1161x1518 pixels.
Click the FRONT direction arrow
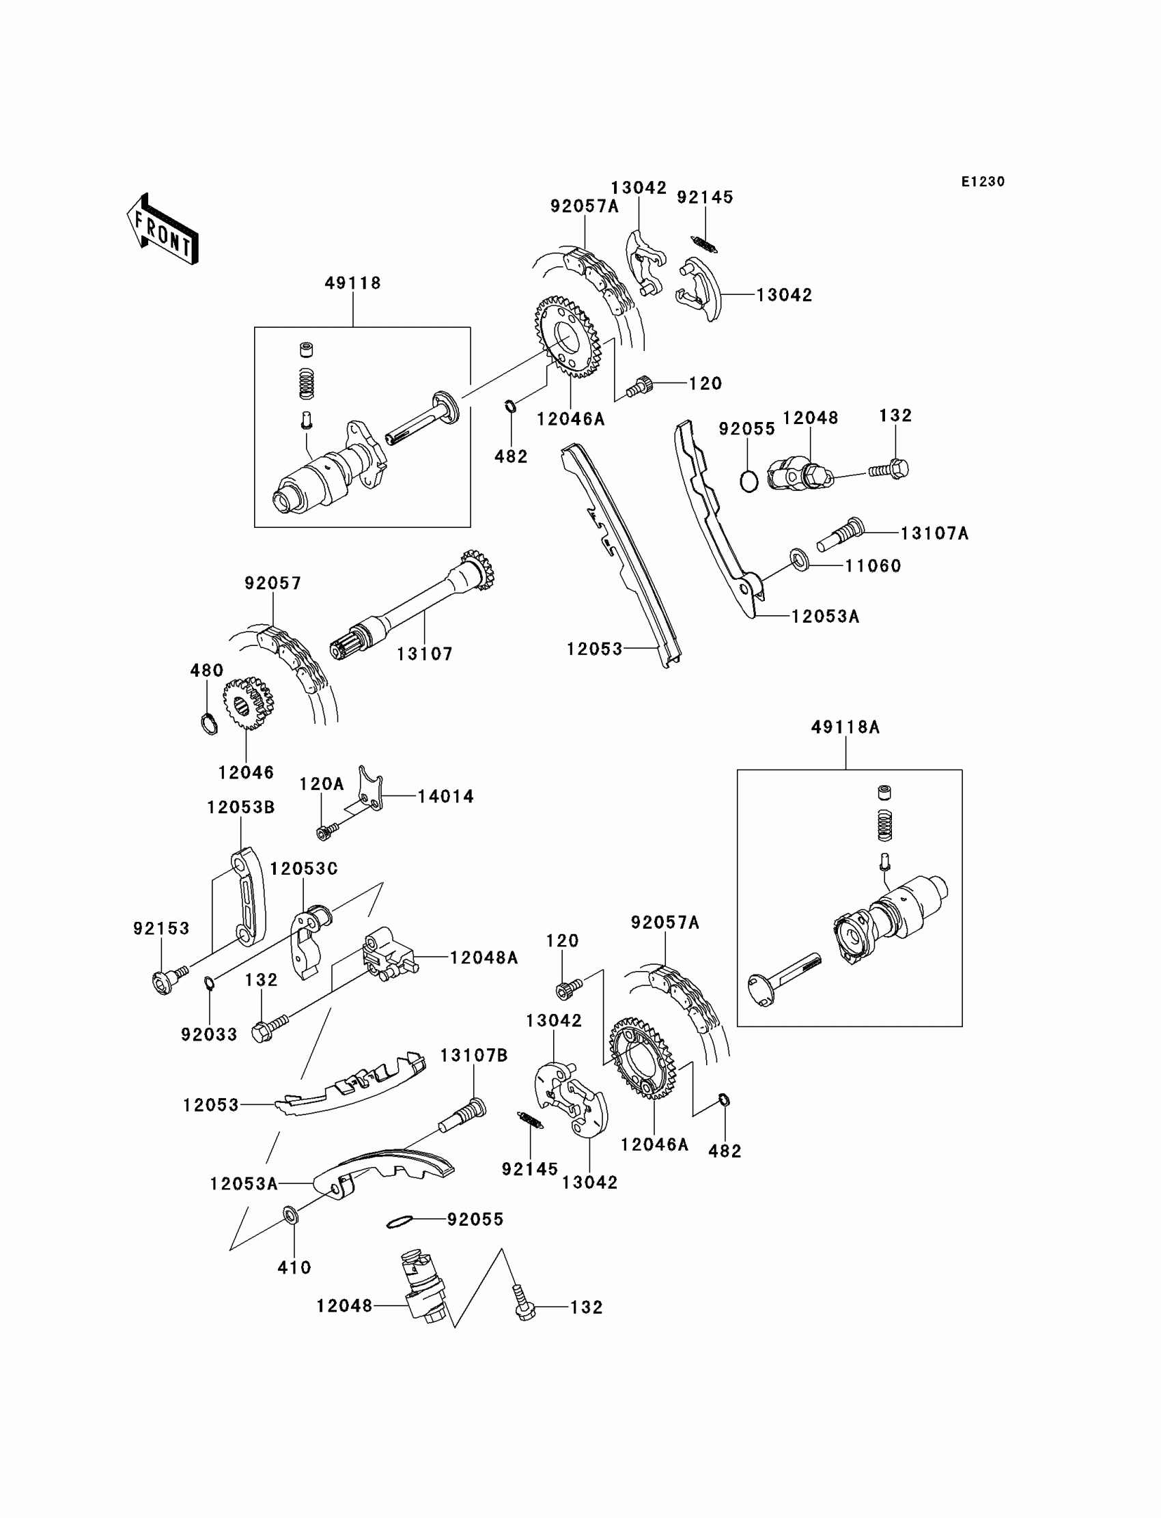(163, 231)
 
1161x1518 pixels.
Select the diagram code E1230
(983, 182)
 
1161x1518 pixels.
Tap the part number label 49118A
(845, 727)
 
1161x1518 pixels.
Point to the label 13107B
(474, 1055)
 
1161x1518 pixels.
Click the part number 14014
(446, 797)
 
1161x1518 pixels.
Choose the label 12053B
(240, 807)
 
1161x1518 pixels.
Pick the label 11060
(873, 566)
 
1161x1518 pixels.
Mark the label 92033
(209, 1035)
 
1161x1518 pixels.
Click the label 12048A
(484, 957)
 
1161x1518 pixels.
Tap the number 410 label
(294, 1267)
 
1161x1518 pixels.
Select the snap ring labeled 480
(208, 723)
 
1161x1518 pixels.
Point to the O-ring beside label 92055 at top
(749, 481)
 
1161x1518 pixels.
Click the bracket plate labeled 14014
(370, 789)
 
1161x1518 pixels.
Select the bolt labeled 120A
(326, 832)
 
